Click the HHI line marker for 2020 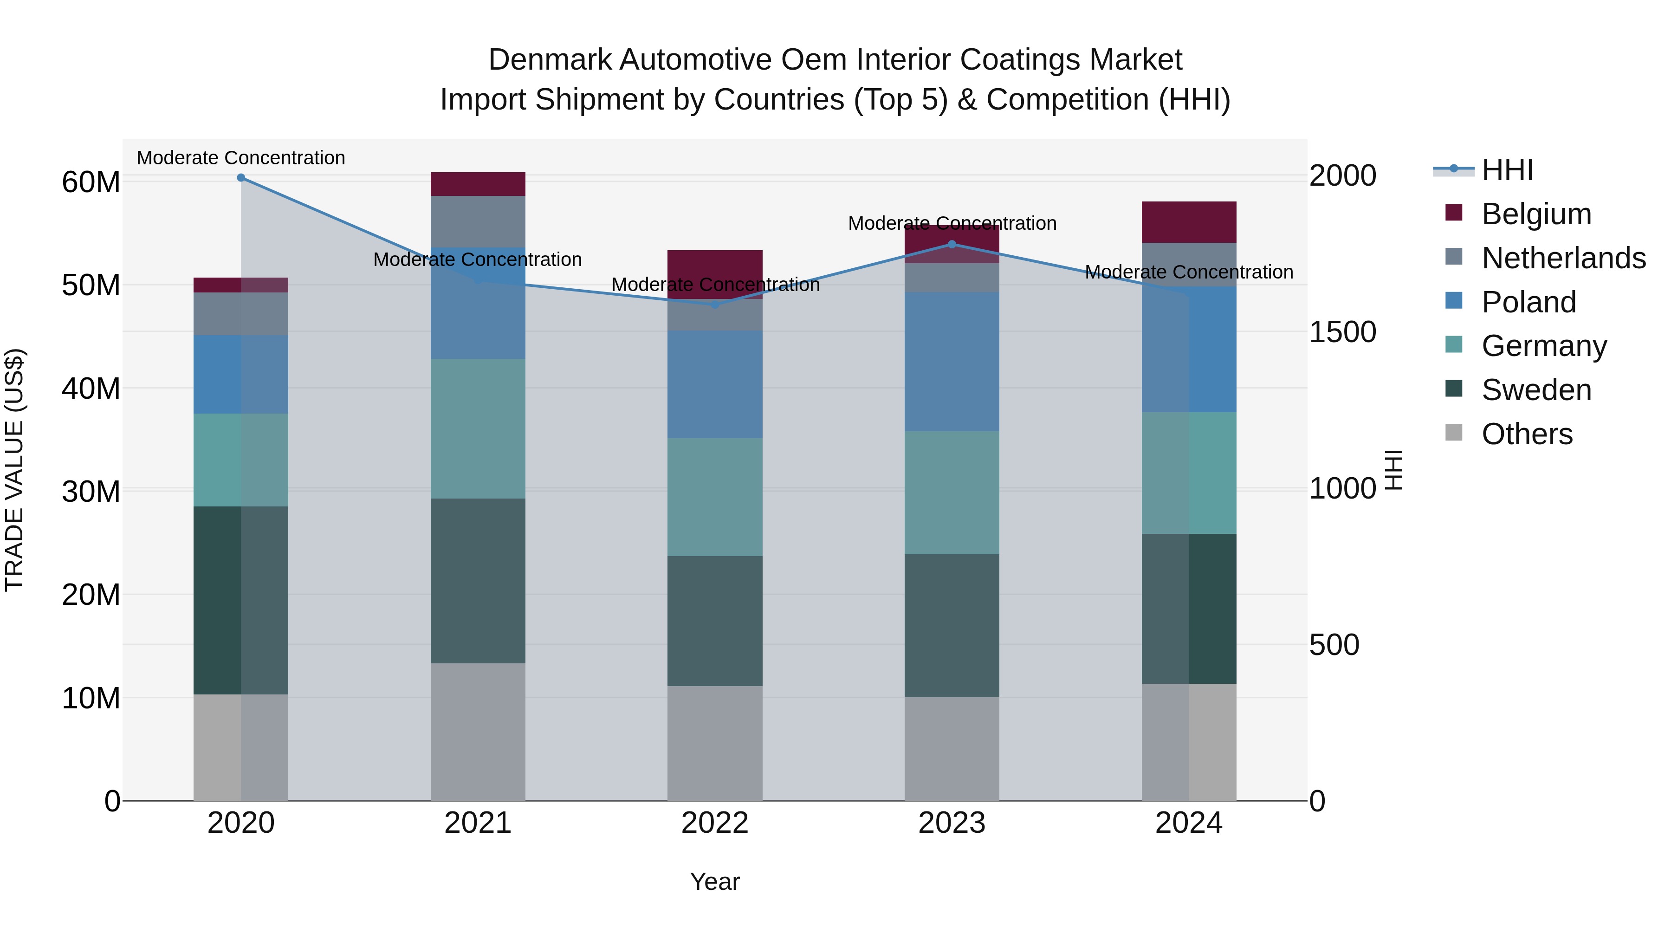point(240,178)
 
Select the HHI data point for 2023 point(952,245)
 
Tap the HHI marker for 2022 point(715,305)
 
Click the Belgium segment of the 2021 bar point(478,184)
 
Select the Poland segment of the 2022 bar point(715,384)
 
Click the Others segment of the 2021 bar point(478,732)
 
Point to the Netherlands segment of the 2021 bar point(478,221)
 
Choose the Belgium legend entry point(1536,214)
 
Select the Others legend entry point(1527,434)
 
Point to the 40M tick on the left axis point(91,389)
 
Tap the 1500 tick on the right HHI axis point(1342,332)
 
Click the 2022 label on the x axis point(715,823)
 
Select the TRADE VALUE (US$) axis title point(14,470)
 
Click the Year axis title point(715,882)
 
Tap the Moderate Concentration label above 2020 point(240,158)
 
